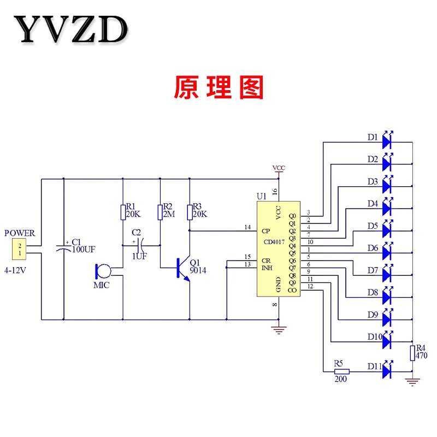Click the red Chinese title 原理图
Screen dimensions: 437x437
218,87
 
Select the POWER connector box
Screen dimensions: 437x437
20,250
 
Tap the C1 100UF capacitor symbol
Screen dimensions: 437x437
64,247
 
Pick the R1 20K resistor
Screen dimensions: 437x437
122,212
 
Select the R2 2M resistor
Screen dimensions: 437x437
160,212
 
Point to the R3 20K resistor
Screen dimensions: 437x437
190,212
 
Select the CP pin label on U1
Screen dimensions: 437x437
267,230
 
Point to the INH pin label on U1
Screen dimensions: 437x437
267,268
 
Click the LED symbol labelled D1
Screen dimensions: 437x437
388,142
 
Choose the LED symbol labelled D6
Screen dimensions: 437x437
388,252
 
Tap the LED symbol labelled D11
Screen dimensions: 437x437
388,371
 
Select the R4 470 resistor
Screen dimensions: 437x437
413,352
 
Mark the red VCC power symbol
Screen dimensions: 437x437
279,169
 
